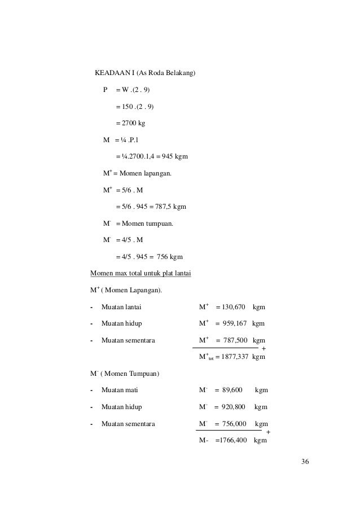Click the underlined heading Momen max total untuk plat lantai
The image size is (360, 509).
point(141,275)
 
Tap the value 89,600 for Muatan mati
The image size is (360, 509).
point(230,389)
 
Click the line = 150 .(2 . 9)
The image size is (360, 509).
point(134,107)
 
